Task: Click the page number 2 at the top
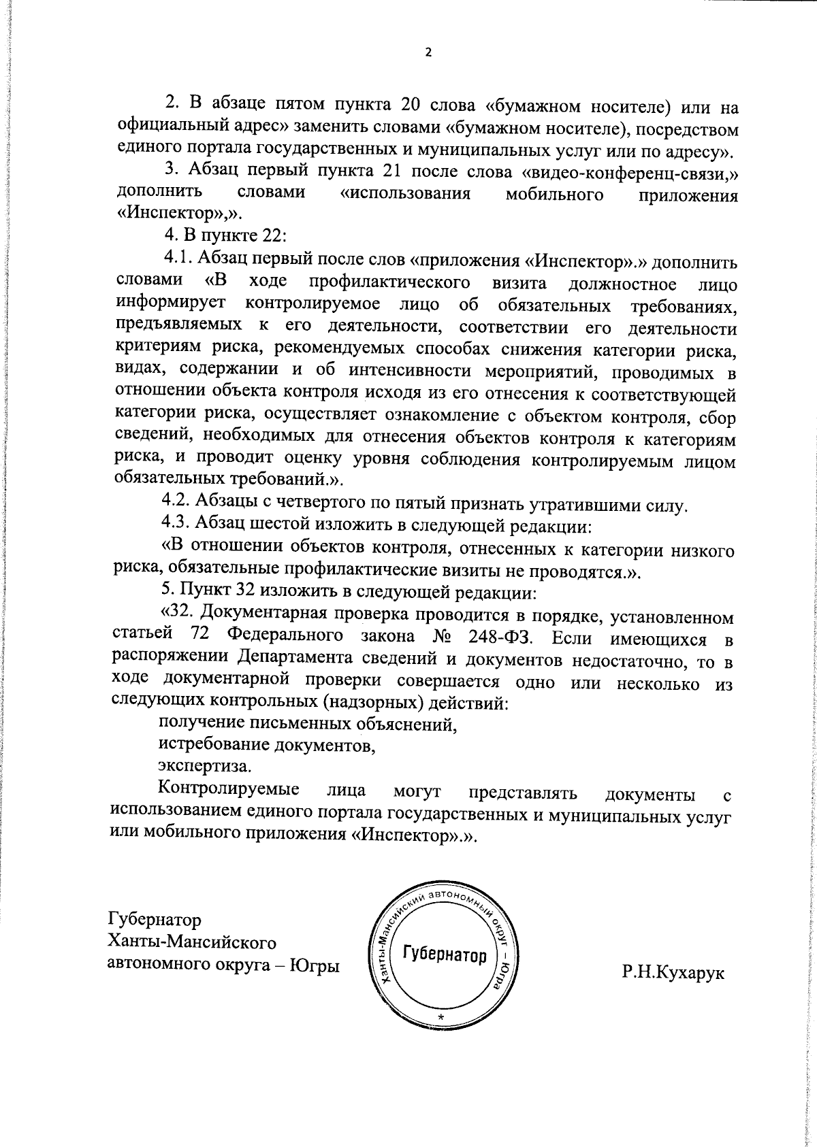pos(428,53)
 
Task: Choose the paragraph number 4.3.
pos(176,525)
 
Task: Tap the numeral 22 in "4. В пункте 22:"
pos(274,236)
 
